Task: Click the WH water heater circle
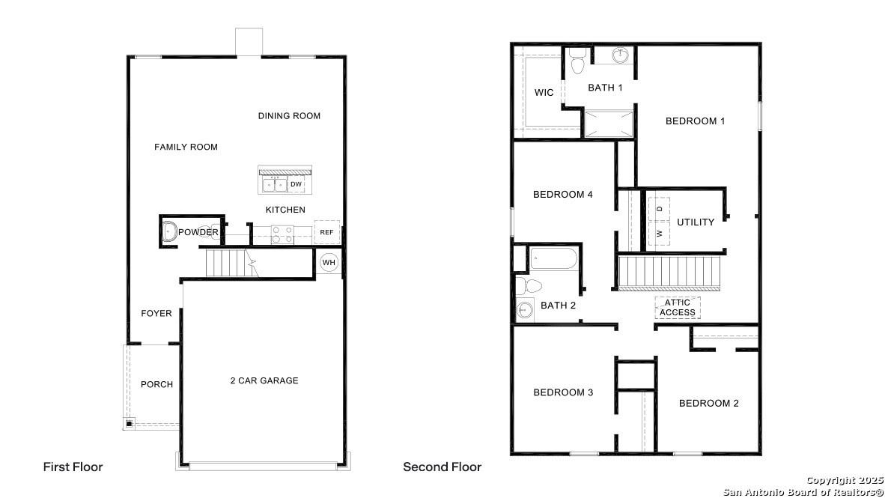tap(329, 263)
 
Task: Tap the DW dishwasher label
tap(296, 184)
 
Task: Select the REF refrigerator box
tap(326, 232)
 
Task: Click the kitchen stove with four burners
tap(282, 235)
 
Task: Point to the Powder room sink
tap(169, 232)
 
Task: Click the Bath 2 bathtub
tap(554, 259)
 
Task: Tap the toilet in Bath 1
tap(577, 61)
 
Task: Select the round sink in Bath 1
tap(621, 55)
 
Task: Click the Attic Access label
tap(678, 308)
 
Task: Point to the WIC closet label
tap(544, 93)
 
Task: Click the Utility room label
tap(696, 222)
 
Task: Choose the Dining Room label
tap(289, 116)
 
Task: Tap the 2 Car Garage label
tap(264, 380)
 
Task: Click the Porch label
tap(157, 384)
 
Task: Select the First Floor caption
tap(73, 467)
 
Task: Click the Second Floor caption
tap(442, 467)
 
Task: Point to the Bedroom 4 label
tap(563, 194)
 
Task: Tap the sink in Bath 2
tap(525, 309)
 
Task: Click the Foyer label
tap(156, 313)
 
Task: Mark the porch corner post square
tap(130, 423)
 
